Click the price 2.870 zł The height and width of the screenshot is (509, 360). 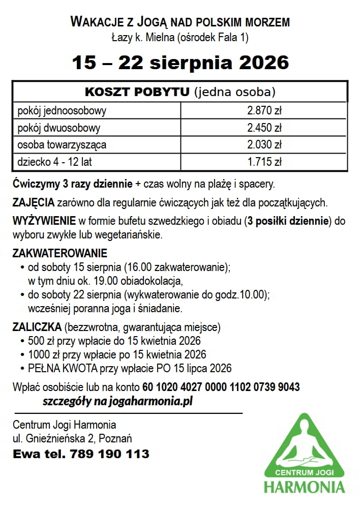[264, 110]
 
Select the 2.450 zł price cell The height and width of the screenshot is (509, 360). [264, 128]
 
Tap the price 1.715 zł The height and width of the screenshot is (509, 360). [264, 163]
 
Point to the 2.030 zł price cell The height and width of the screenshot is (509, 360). [264, 145]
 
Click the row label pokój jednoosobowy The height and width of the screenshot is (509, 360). [62, 110]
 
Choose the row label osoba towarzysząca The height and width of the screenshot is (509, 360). [62, 145]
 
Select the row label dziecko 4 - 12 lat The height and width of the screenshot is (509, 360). [54, 163]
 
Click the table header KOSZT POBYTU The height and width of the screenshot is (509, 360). [137, 92]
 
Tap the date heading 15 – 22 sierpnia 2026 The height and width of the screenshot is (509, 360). [180, 63]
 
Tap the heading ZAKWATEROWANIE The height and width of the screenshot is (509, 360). [60, 253]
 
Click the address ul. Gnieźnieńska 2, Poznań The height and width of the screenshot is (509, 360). [80, 438]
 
